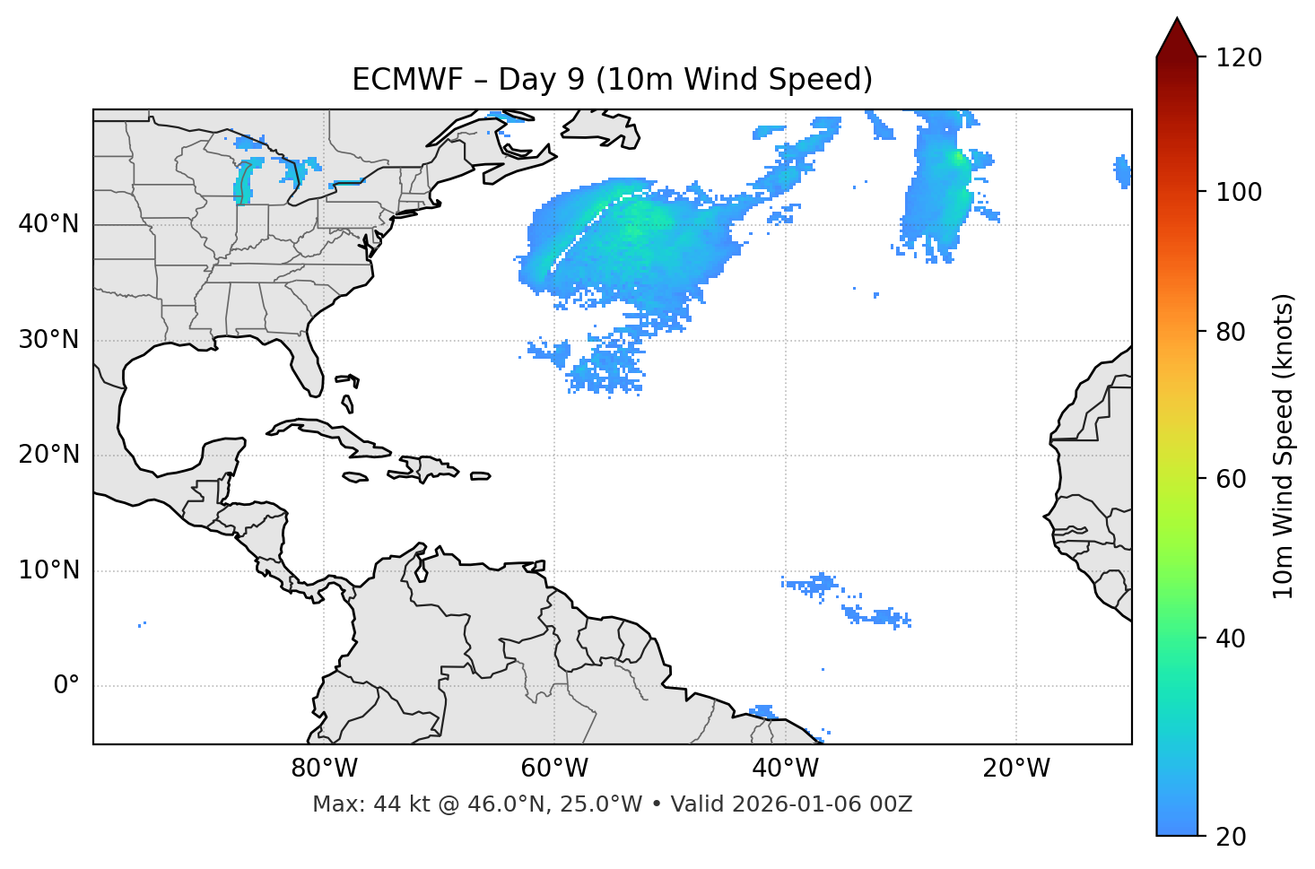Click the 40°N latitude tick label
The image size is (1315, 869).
(48, 224)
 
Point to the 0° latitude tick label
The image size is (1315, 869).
(65, 686)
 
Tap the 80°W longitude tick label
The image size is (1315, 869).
(324, 769)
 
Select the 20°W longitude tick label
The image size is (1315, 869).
(1016, 769)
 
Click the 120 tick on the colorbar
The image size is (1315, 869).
(1239, 57)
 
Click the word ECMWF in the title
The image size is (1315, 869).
(407, 80)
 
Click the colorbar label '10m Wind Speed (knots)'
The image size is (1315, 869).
(1284, 447)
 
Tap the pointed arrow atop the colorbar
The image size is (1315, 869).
(1177, 39)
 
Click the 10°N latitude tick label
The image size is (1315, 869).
(48, 570)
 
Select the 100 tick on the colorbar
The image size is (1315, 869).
(1239, 192)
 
